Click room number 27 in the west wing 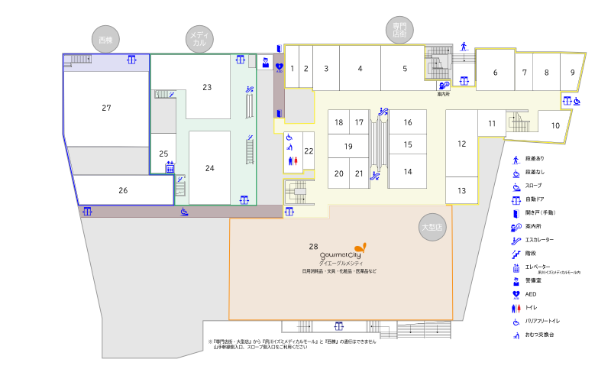tap(106, 108)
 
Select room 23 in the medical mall tap(207, 87)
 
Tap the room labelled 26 tap(123, 190)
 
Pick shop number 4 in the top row tap(360, 68)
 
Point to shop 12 tap(461, 143)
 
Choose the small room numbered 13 tap(461, 190)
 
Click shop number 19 tap(348, 146)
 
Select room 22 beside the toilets tap(309, 151)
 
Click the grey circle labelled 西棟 tap(106, 39)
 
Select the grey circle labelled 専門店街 tap(398, 31)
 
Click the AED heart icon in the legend tap(516, 293)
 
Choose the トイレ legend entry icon tap(516, 307)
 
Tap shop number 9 tap(572, 73)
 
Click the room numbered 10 tap(555, 125)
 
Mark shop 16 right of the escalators tap(409, 122)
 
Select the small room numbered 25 tap(163, 154)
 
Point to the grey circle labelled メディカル tap(199, 39)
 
